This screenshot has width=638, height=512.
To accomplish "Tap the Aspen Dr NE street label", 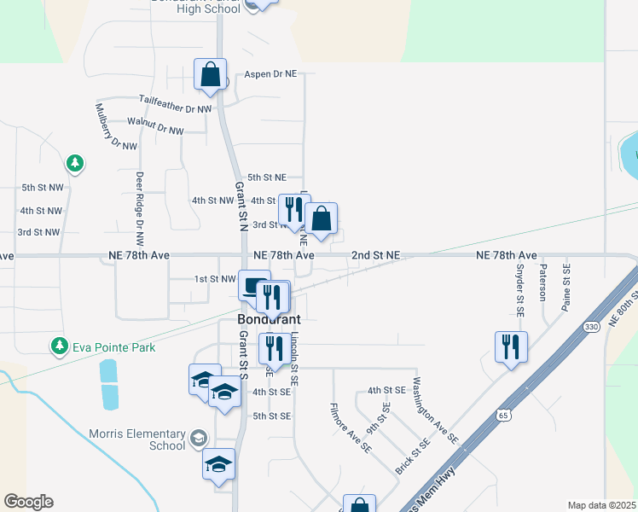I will click(x=270, y=74).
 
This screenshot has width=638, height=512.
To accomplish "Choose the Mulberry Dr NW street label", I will click(x=116, y=127).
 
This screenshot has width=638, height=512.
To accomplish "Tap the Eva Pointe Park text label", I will click(x=113, y=346).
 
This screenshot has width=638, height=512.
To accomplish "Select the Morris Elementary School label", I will click(x=136, y=439).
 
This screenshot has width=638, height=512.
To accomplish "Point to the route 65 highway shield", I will click(x=502, y=414).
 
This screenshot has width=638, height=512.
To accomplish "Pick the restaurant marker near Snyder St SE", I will click(x=511, y=347).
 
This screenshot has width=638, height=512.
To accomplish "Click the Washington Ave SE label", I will click(x=435, y=412).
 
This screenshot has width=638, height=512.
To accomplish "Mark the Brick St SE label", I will click(x=412, y=457).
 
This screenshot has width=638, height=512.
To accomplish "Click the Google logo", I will click(x=28, y=502).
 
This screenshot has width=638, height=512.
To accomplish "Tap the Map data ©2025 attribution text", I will click(x=602, y=505).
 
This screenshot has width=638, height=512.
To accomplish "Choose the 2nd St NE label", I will click(x=376, y=255).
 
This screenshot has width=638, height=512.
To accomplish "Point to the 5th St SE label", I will click(x=272, y=416).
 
